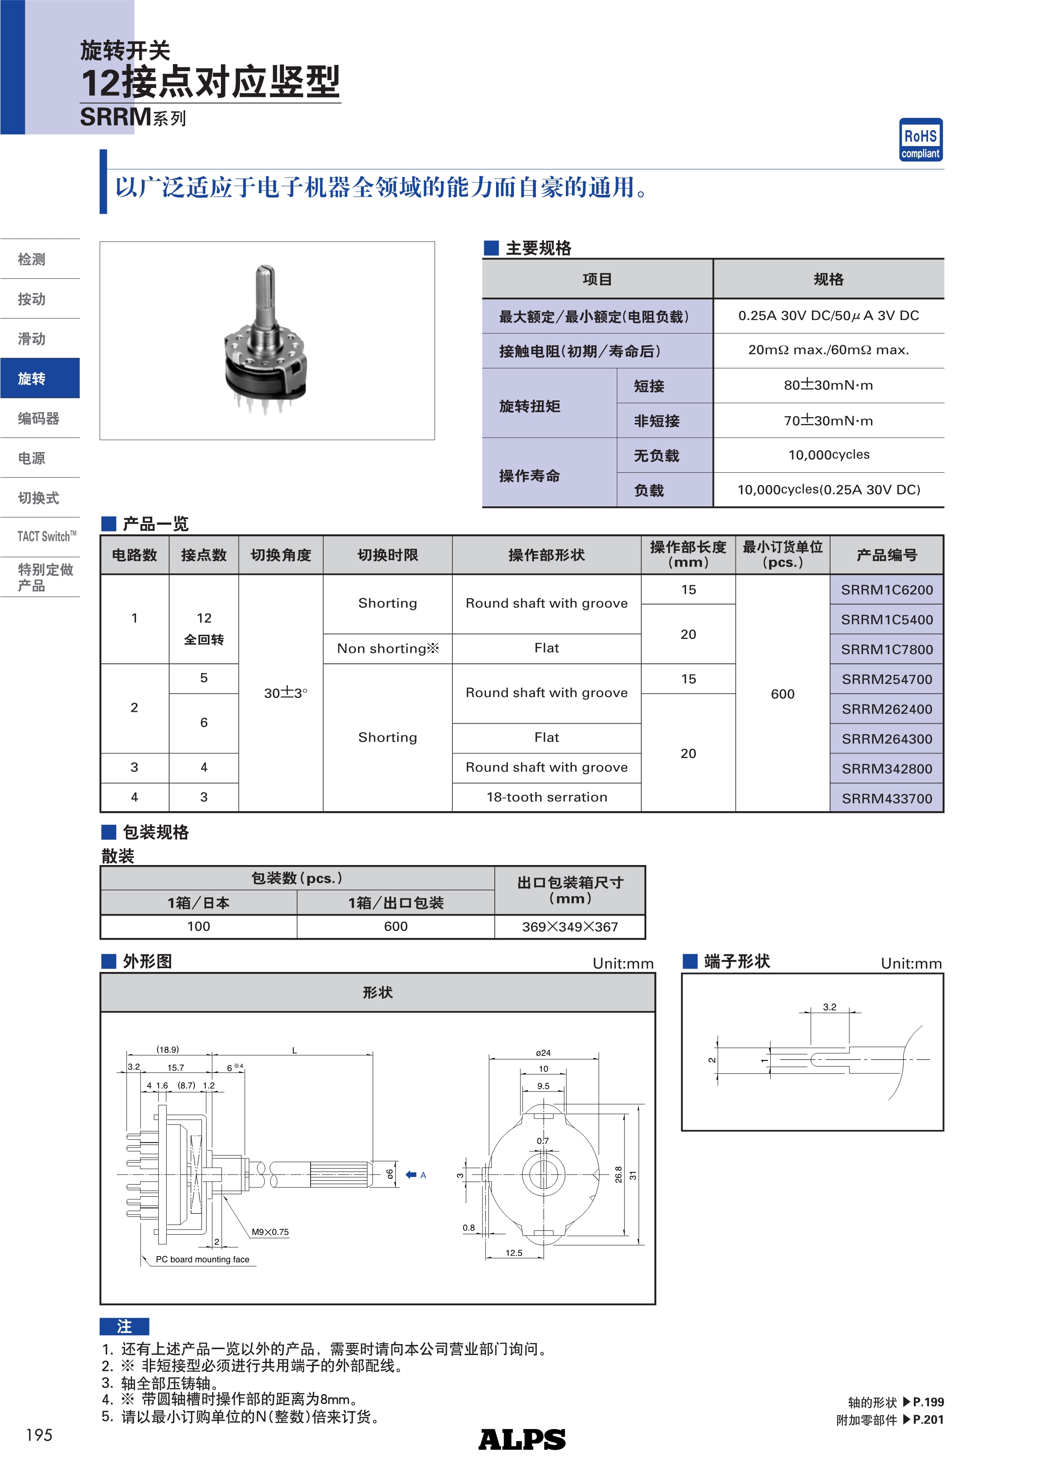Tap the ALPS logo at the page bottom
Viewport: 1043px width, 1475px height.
(522, 1440)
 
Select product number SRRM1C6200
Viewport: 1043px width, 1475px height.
(886, 590)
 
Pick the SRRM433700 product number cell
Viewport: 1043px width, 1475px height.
(886, 799)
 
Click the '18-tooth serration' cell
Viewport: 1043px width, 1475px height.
(547, 797)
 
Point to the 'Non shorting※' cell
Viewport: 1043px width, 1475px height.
(387, 649)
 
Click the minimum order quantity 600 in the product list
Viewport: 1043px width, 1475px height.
(782, 694)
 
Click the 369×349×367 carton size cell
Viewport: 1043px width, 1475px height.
(570, 927)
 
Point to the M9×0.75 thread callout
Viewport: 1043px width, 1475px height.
(270, 1232)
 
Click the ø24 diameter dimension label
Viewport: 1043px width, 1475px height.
(543, 1053)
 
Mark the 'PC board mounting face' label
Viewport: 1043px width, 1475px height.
(202, 1260)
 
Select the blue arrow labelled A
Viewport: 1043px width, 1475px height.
(411, 1175)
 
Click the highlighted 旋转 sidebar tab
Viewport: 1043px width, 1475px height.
(40, 378)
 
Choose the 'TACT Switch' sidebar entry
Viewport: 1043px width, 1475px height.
(46, 536)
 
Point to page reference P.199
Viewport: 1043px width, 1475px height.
(928, 1403)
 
